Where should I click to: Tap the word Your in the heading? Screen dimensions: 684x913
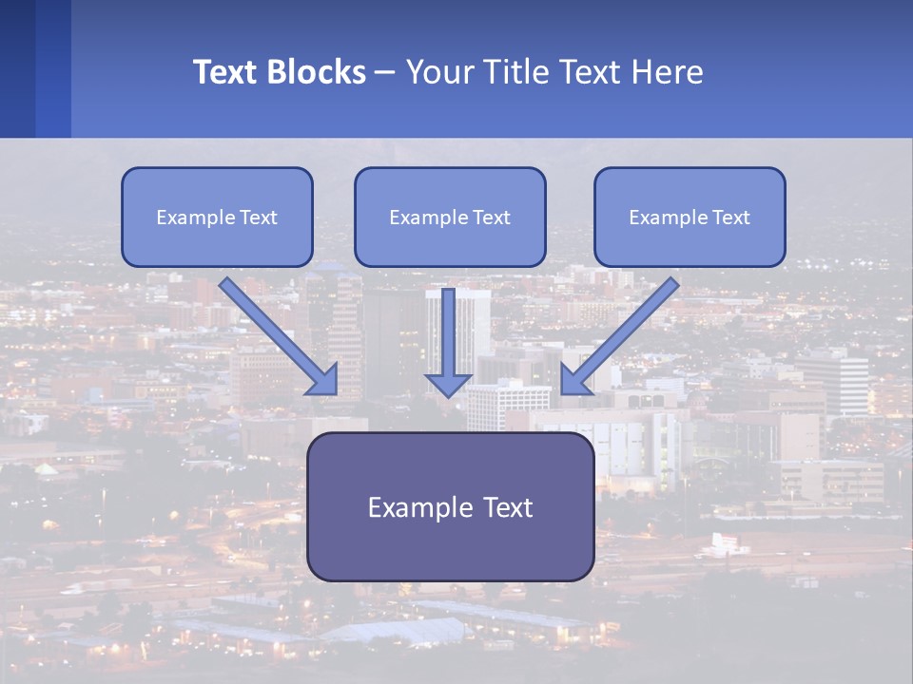tap(438, 72)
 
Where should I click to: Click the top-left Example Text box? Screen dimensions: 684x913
tap(217, 217)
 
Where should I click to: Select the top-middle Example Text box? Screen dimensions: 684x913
tap(450, 217)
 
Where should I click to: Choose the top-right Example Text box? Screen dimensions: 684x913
tap(690, 217)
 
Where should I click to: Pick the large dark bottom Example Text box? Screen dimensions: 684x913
tap(450, 506)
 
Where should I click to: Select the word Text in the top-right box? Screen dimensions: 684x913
tap(730, 218)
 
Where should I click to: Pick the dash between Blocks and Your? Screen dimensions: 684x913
tap(385, 72)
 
